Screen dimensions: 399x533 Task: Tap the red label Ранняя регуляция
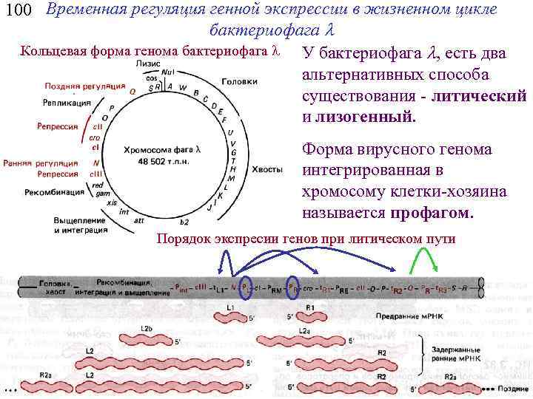[41, 163]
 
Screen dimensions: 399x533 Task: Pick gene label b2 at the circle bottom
[184, 222]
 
